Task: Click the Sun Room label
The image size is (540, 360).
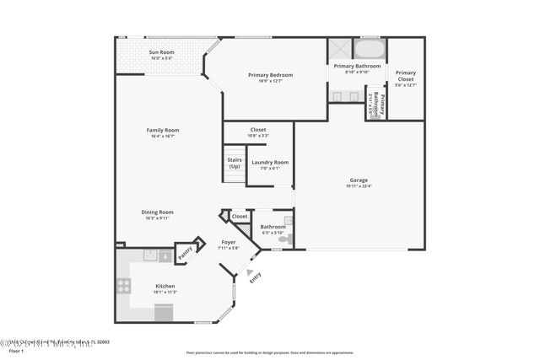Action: click(x=161, y=52)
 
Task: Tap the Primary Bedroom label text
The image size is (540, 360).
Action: click(x=270, y=75)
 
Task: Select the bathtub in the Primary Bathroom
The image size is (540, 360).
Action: click(x=370, y=47)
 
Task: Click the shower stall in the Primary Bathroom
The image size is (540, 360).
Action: click(x=342, y=47)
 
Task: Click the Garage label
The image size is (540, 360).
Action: click(x=359, y=180)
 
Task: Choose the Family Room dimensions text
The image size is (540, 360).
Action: click(x=163, y=137)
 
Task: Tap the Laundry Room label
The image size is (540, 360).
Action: click(x=270, y=162)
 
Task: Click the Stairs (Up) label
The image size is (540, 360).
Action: click(x=234, y=162)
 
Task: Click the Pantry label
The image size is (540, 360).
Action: click(x=185, y=251)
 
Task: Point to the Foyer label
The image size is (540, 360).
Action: click(x=228, y=243)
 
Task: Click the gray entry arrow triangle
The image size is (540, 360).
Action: click(x=250, y=272)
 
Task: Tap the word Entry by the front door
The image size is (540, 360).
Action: click(x=255, y=279)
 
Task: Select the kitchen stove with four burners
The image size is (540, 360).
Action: click(x=123, y=286)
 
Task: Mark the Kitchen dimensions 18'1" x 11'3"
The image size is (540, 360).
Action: click(x=165, y=292)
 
